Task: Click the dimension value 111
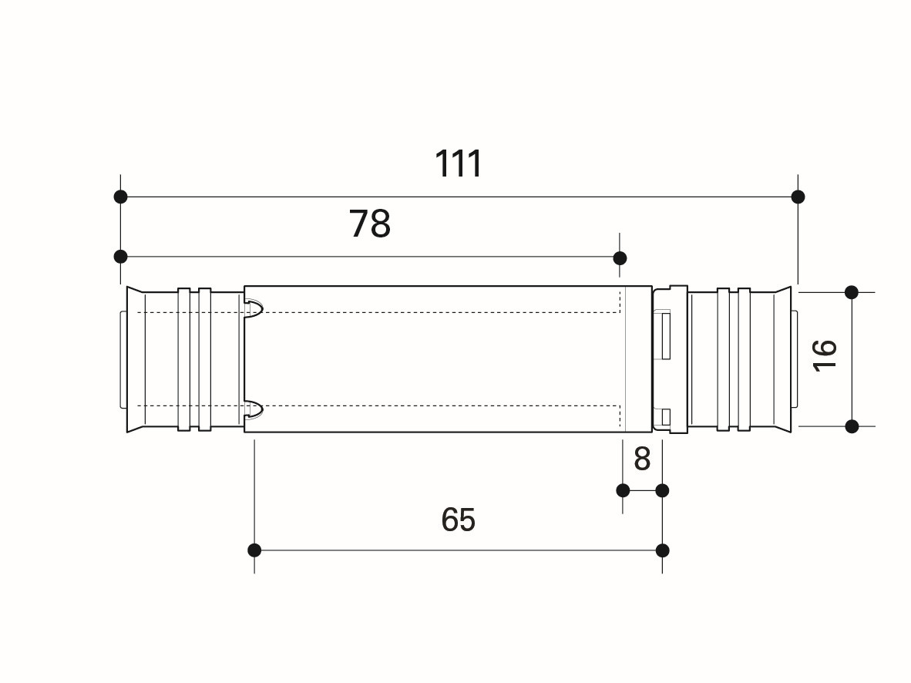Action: pyautogui.click(x=459, y=164)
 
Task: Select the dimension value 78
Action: pyautogui.click(x=369, y=224)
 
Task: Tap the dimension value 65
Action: pyautogui.click(x=459, y=519)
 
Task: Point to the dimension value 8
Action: pyautogui.click(x=642, y=459)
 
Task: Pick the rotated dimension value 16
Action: pyautogui.click(x=825, y=355)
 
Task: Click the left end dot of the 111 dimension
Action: pyautogui.click(x=120, y=197)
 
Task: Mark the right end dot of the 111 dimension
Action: pyautogui.click(x=798, y=197)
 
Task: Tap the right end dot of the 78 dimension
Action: pyautogui.click(x=620, y=258)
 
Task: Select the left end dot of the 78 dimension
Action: pyautogui.click(x=120, y=257)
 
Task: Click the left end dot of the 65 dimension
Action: pyautogui.click(x=254, y=550)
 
